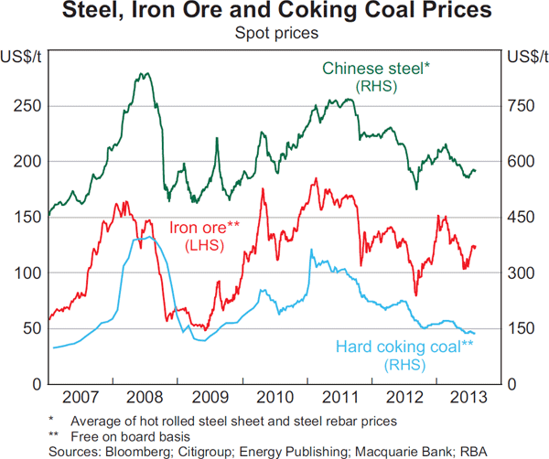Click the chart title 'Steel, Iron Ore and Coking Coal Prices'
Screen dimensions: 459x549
(x=274, y=13)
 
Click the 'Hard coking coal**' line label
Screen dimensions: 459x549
(x=404, y=347)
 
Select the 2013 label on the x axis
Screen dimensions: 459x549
(x=468, y=399)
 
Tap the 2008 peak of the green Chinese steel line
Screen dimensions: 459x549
(x=144, y=73)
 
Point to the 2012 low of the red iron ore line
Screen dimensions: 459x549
(x=415, y=295)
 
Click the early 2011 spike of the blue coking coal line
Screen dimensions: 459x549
(x=311, y=250)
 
